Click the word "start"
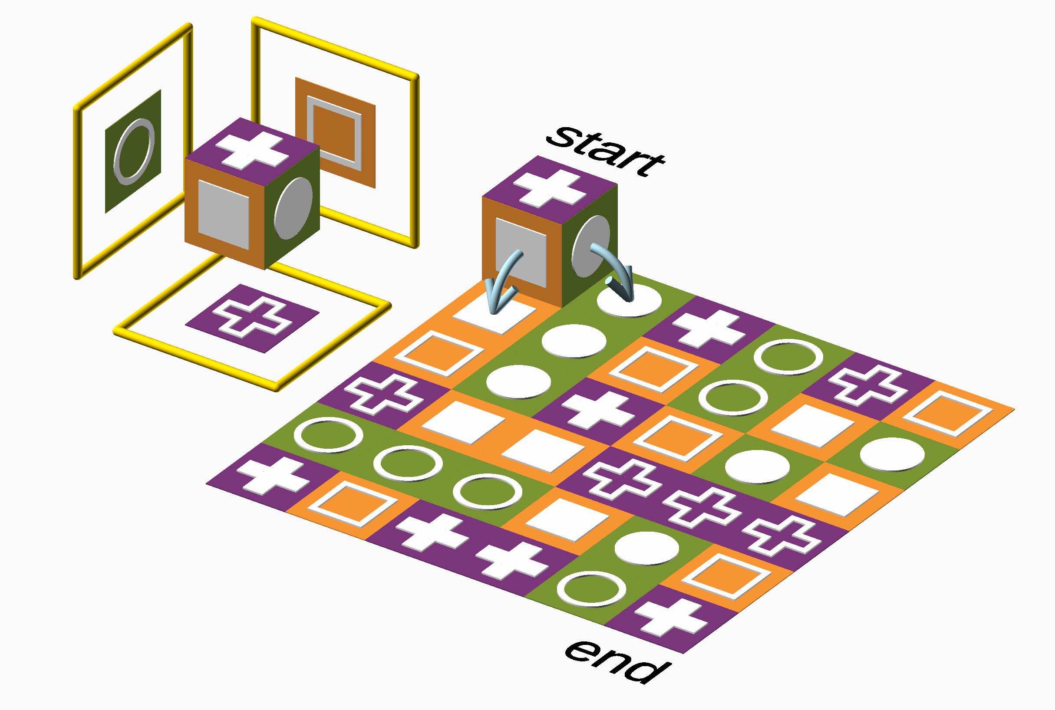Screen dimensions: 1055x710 tap(605, 149)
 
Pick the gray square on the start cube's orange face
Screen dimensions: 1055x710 tap(521, 252)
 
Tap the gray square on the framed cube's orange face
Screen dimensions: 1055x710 tap(223, 214)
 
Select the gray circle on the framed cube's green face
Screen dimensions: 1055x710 tap(293, 208)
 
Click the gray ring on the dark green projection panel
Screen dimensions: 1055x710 tap(134, 152)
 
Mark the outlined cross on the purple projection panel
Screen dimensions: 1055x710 tap(252, 318)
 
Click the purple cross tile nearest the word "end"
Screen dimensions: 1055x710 tap(671, 618)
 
